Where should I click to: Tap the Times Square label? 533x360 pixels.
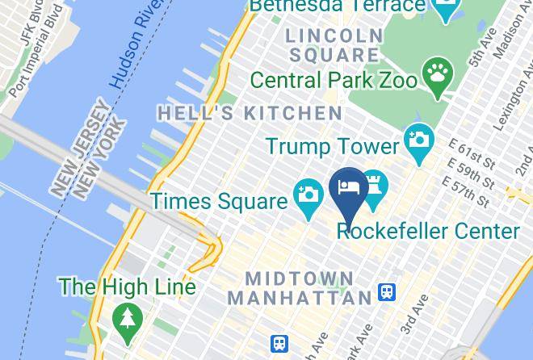pos(219,201)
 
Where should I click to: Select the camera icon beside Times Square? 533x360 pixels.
pos(308,195)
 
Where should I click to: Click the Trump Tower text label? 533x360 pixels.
pos(333,146)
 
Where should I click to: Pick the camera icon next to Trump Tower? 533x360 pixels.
pos(418,140)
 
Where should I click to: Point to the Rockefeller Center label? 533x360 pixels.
pos(428,232)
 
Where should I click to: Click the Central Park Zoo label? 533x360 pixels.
pos(334,80)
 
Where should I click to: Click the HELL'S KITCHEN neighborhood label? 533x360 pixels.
pos(250,113)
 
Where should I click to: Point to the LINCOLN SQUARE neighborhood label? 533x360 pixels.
pos(334,45)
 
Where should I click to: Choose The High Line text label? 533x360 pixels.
pos(127,287)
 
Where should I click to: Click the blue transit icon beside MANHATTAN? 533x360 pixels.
pos(387,292)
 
